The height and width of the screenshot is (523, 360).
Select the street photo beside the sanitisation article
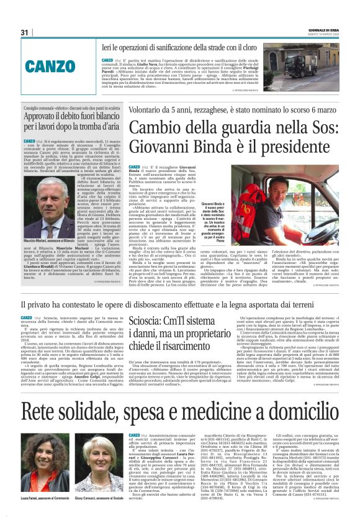[313, 67]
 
